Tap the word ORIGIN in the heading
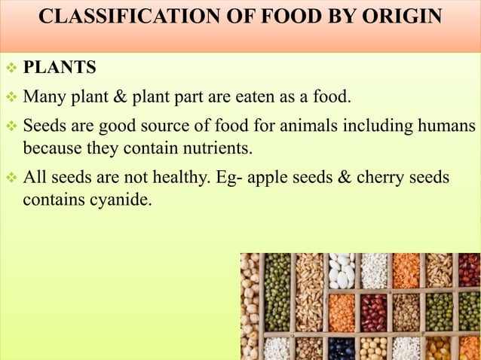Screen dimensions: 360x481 [x=399, y=16]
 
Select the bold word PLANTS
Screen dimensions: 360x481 [x=60, y=69]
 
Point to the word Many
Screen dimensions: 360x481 [x=42, y=97]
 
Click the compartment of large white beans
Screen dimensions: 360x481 [x=341, y=271]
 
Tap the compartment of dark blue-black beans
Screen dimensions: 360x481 [x=341, y=348]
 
